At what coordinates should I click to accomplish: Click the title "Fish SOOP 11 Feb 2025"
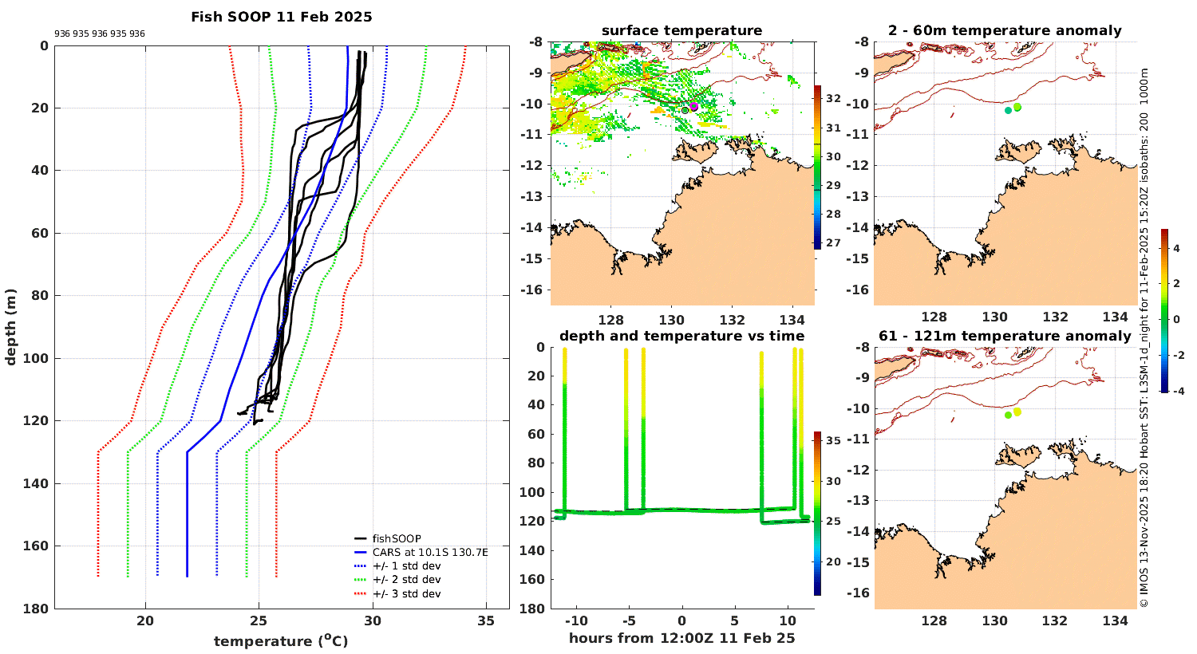(x=281, y=17)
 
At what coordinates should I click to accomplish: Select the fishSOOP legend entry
(x=396, y=538)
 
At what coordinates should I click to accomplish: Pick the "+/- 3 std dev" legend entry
(x=405, y=594)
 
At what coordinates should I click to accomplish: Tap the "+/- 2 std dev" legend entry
(x=405, y=580)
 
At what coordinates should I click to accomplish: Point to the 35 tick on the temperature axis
(x=486, y=621)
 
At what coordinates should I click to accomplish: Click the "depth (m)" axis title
(x=10, y=327)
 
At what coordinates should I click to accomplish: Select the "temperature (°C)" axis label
(x=281, y=641)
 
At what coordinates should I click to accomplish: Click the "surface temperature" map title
(x=681, y=31)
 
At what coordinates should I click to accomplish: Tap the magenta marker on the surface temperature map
(x=693, y=106)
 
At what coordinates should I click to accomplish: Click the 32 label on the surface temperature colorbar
(x=833, y=98)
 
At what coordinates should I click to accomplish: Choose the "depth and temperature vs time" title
(x=681, y=336)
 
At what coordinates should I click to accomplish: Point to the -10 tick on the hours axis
(x=576, y=621)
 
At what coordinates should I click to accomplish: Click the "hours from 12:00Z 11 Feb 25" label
(x=681, y=638)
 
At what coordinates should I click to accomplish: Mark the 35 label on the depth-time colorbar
(x=833, y=440)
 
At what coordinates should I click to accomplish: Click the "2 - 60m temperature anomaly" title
(x=1005, y=31)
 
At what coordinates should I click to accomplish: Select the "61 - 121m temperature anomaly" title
(x=1005, y=336)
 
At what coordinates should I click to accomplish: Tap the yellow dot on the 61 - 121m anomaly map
(x=1017, y=412)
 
